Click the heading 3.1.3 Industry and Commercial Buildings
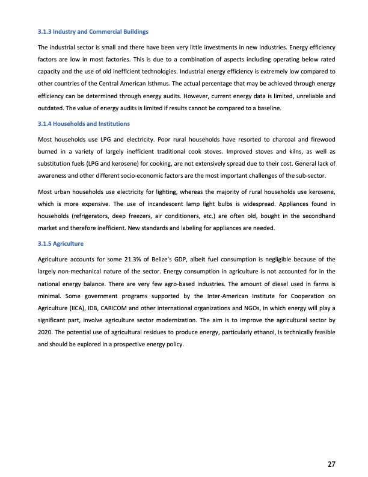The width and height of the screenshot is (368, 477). [93, 31]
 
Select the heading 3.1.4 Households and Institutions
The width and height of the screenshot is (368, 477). [84, 123]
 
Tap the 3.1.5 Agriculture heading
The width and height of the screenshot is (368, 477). [60, 244]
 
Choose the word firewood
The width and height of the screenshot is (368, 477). [321, 139]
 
